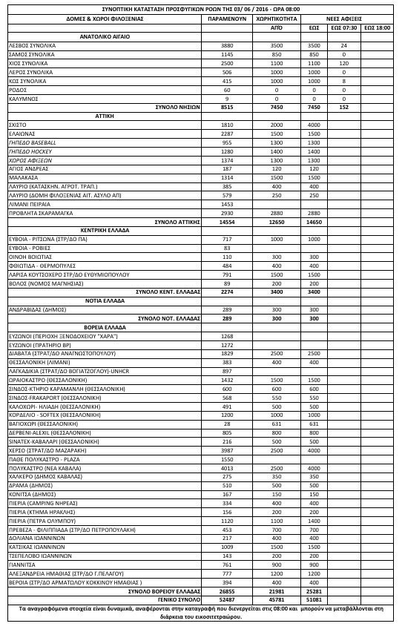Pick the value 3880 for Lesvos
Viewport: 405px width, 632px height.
coord(227,45)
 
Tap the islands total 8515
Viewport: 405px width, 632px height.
coord(227,107)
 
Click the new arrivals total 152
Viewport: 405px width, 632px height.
coord(343,107)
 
